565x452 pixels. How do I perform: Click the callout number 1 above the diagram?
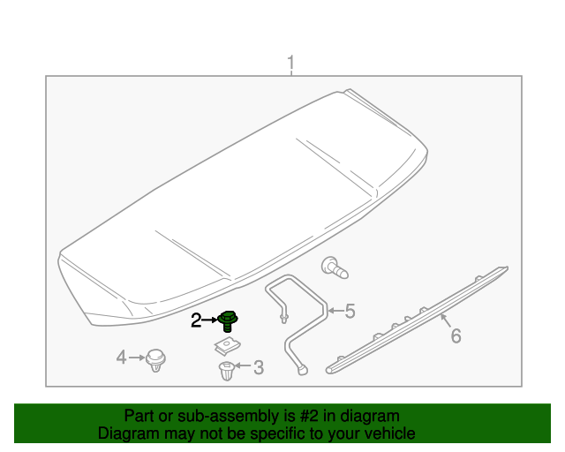290,64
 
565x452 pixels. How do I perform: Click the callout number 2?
196,320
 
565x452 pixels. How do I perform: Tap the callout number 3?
258,367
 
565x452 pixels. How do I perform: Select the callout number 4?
122,358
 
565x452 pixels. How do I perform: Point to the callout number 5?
350,311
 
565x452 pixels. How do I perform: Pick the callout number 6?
456,335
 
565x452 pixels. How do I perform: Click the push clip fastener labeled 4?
157,359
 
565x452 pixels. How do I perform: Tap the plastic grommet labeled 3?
227,370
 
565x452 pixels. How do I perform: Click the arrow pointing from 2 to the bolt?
211,320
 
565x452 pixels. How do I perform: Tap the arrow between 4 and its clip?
137,358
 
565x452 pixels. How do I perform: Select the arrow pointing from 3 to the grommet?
242,366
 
